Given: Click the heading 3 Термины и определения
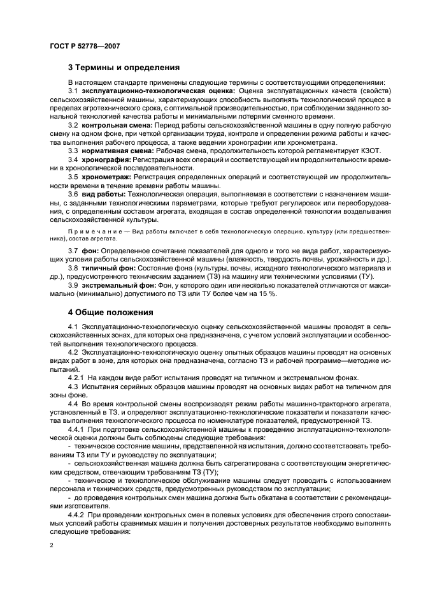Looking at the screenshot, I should point(124,67).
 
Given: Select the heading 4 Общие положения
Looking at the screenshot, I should point(110,313).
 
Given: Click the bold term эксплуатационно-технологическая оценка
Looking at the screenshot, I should point(145,91).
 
